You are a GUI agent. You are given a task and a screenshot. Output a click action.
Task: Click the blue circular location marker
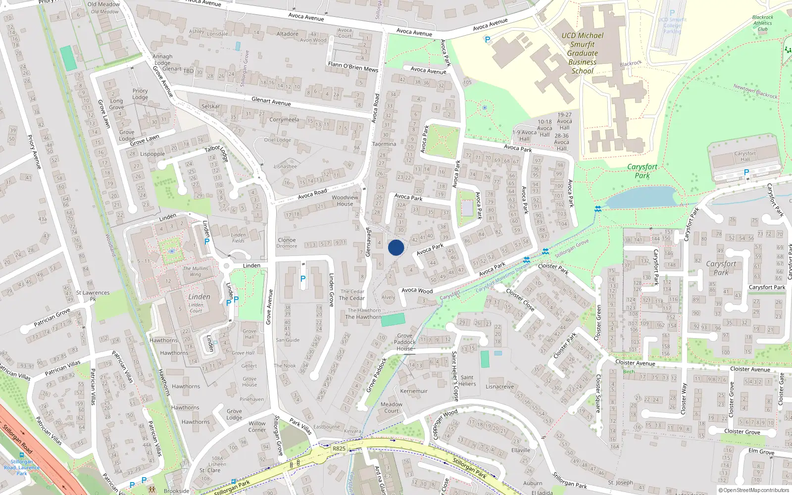[396, 247]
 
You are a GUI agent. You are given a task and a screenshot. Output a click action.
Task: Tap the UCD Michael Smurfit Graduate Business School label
[583, 53]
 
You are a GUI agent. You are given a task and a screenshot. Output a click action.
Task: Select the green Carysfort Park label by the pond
[642, 171]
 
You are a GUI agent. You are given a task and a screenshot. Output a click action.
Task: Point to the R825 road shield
[339, 448]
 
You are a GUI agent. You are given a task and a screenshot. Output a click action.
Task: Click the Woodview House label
[345, 200]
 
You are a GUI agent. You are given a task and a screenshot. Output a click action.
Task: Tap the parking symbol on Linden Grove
[303, 279]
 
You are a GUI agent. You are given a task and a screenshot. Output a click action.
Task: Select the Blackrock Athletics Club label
[762, 23]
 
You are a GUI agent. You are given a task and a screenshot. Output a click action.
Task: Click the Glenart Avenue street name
[271, 101]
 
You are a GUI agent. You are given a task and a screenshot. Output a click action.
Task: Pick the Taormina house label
[384, 144]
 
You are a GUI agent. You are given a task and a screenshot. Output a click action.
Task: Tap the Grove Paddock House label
[404, 342]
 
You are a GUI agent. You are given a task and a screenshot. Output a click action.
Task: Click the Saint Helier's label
[467, 380]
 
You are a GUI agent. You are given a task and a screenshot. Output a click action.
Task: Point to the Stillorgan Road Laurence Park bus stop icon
[22, 455]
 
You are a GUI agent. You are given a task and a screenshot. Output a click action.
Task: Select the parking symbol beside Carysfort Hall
[746, 172]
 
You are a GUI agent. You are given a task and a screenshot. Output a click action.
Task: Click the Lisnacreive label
[500, 387]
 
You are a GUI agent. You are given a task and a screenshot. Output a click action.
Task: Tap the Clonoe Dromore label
[287, 243]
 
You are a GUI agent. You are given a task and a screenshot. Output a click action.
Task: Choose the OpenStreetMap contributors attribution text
[754, 490]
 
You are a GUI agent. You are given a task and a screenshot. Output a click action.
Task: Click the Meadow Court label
[392, 407]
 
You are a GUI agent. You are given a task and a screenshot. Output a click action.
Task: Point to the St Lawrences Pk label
[93, 296]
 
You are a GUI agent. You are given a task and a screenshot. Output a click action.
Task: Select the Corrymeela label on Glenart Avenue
[284, 120]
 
